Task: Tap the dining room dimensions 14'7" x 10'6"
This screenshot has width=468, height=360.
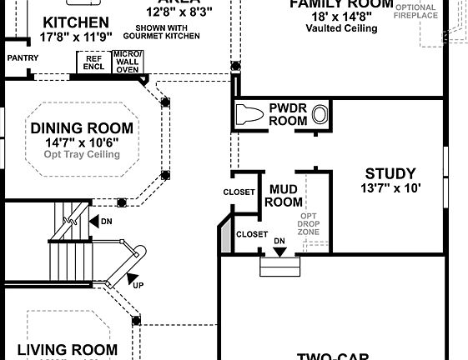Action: point(82,142)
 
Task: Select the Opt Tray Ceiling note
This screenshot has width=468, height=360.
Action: point(82,155)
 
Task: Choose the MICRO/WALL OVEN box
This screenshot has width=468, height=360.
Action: point(128,62)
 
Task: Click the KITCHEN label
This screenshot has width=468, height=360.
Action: point(75,22)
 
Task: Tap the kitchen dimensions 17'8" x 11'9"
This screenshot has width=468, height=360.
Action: point(75,37)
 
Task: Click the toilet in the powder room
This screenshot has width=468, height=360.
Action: point(249,114)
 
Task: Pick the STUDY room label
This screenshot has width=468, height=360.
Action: point(390,174)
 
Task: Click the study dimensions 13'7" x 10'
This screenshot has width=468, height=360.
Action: point(390,188)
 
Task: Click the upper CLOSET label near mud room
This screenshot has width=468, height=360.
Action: point(239,192)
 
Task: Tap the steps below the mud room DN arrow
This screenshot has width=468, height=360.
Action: point(280,266)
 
